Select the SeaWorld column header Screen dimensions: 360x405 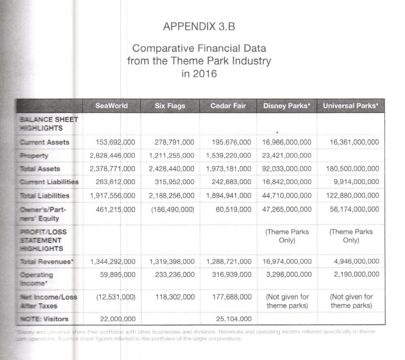coord(111,106)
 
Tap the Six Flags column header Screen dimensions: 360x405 coord(170,106)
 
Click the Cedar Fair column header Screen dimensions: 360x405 coord(228,106)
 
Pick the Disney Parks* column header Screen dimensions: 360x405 coord(286,106)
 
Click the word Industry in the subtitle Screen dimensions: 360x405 coord(247,61)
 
